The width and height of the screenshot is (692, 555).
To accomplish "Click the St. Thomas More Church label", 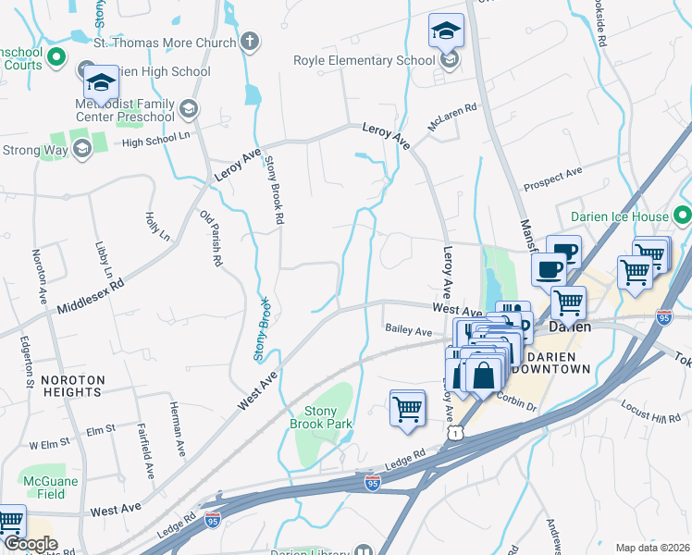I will coord(165,43).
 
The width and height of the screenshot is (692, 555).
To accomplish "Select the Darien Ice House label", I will coord(619,216).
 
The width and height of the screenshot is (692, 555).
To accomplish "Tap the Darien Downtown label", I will coord(552,362).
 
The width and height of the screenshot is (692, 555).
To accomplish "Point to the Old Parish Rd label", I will coord(211,238).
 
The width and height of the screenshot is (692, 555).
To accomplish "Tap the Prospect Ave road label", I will coord(552,173).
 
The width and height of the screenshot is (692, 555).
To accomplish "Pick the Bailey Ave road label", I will coord(408,331).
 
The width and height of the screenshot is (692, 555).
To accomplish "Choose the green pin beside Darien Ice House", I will coord(683,216).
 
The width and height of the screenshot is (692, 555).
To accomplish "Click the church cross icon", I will coord(248,42).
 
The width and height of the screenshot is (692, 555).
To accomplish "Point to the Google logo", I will coord(31,543).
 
